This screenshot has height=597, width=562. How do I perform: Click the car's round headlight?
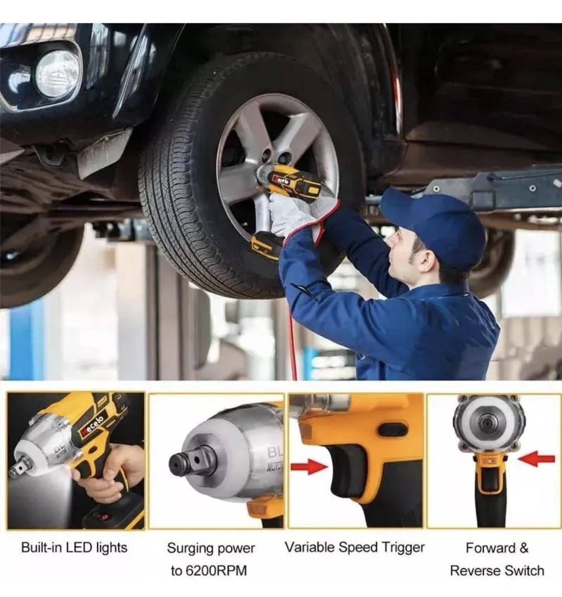coord(58,74)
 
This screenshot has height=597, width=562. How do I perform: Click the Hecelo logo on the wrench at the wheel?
coord(281,180)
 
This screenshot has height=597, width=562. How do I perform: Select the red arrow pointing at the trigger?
coord(309,468)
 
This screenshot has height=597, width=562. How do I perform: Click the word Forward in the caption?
coord(490,548)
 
